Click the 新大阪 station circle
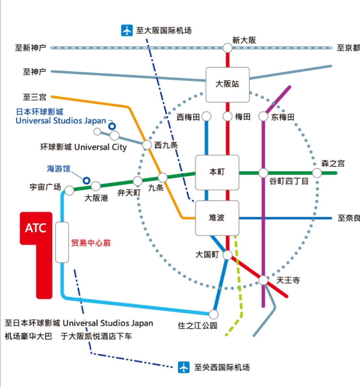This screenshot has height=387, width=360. click(227, 48)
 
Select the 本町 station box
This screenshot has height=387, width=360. click(217, 172)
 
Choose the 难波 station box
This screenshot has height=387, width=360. click(217, 218)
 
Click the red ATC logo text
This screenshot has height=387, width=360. click(36, 228)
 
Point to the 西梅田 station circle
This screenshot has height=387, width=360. click(206, 116)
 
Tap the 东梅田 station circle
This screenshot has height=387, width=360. click(263, 116)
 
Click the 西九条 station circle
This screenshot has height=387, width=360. click(147, 145)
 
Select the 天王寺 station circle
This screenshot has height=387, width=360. click(263, 280)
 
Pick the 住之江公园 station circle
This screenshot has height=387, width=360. click(214, 314)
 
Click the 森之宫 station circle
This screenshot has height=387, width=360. click(317, 173)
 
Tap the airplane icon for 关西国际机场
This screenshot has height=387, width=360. click(184, 367)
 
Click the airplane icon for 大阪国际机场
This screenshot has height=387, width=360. click(127, 30)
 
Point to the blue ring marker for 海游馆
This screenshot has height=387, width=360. click(86, 180)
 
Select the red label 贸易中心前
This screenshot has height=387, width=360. click(91, 243)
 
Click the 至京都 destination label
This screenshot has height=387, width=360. click(348, 48)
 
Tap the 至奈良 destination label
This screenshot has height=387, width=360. click(349, 218)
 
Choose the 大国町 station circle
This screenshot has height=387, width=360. click(227, 255)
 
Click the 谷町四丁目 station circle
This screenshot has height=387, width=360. click(263, 173)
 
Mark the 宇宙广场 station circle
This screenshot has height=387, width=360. click(69, 190)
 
